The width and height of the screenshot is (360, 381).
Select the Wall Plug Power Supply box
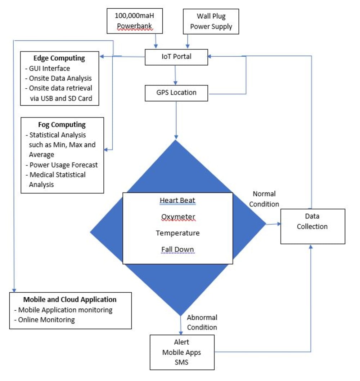pos(211,21)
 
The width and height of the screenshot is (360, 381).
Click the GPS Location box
pos(176,93)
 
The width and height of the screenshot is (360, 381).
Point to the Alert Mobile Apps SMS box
pos(182,352)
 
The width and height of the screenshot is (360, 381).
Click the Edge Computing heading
pos(59,58)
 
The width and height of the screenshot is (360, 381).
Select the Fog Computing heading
pos(62,125)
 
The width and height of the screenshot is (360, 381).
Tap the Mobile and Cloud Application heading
pos(70,300)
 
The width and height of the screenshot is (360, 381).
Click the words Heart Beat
pos(178,200)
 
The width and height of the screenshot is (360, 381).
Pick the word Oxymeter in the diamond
pos(178,217)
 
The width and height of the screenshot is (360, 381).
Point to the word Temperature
pos(177,233)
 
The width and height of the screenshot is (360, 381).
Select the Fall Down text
pos(177,249)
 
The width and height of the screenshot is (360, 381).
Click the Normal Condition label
pos(264,199)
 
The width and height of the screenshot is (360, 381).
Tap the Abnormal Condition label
pos(202,323)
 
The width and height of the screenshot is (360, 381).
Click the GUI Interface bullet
pos(48,68)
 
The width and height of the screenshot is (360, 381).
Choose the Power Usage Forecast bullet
pos(63,165)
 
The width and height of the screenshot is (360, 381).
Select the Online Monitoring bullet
pos(44,319)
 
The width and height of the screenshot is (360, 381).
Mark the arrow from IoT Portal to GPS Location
pos(175,75)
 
